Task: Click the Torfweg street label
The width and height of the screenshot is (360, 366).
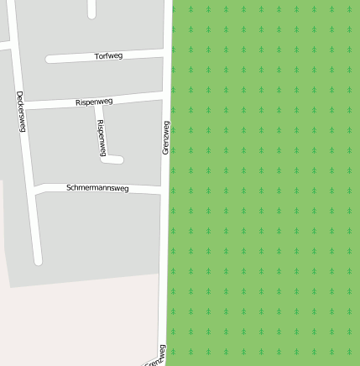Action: pyautogui.click(x=109, y=56)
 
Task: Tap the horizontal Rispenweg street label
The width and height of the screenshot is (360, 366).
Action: pyautogui.click(x=94, y=102)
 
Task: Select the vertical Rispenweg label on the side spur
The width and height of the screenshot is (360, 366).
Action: pyautogui.click(x=102, y=137)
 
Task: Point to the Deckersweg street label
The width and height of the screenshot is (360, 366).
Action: pyautogui.click(x=20, y=111)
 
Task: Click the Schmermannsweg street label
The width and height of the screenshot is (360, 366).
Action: pyautogui.click(x=97, y=189)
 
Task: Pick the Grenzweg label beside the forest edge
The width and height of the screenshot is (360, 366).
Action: pyautogui.click(x=165, y=137)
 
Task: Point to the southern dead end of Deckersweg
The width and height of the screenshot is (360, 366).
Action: pyautogui.click(x=37, y=259)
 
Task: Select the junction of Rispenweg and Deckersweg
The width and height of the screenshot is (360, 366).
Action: pyautogui.click(x=23, y=106)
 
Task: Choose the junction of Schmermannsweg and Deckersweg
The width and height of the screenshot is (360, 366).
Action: pyautogui.click(x=31, y=190)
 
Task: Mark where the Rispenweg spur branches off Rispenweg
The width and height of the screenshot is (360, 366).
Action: pyautogui.click(x=99, y=103)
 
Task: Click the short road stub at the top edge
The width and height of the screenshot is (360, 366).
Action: pyautogui.click(x=91, y=8)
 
